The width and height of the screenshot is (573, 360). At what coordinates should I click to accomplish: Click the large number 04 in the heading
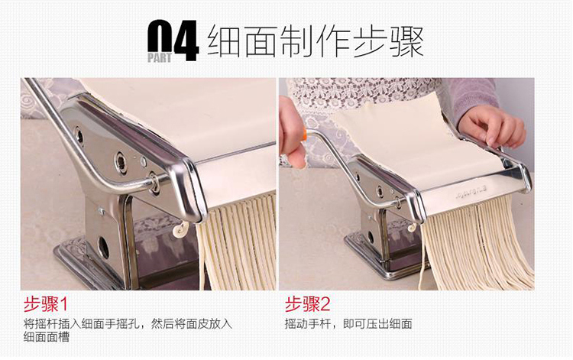click(x=173, y=40)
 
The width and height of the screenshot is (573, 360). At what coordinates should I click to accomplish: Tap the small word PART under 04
click(x=160, y=58)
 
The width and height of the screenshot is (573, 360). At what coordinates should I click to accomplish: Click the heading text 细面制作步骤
click(x=316, y=42)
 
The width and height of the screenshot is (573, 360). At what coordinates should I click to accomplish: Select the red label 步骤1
click(x=46, y=304)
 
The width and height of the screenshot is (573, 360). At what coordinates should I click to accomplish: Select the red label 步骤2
click(x=307, y=304)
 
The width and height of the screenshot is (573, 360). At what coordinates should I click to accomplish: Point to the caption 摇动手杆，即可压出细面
click(x=348, y=324)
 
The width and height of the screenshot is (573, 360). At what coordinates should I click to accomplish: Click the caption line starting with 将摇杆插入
click(x=128, y=324)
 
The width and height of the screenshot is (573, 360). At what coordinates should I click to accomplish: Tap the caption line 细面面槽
click(x=47, y=336)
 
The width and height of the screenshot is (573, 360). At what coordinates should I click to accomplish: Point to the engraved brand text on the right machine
click(x=471, y=193)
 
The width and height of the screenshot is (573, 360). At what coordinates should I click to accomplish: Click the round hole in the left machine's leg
click(x=103, y=247)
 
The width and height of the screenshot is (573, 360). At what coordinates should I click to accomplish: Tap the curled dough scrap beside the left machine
click(x=180, y=229)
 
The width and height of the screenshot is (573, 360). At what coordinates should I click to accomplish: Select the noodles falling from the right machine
click(x=475, y=245)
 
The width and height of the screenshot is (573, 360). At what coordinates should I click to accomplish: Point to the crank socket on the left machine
click(x=154, y=181)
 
